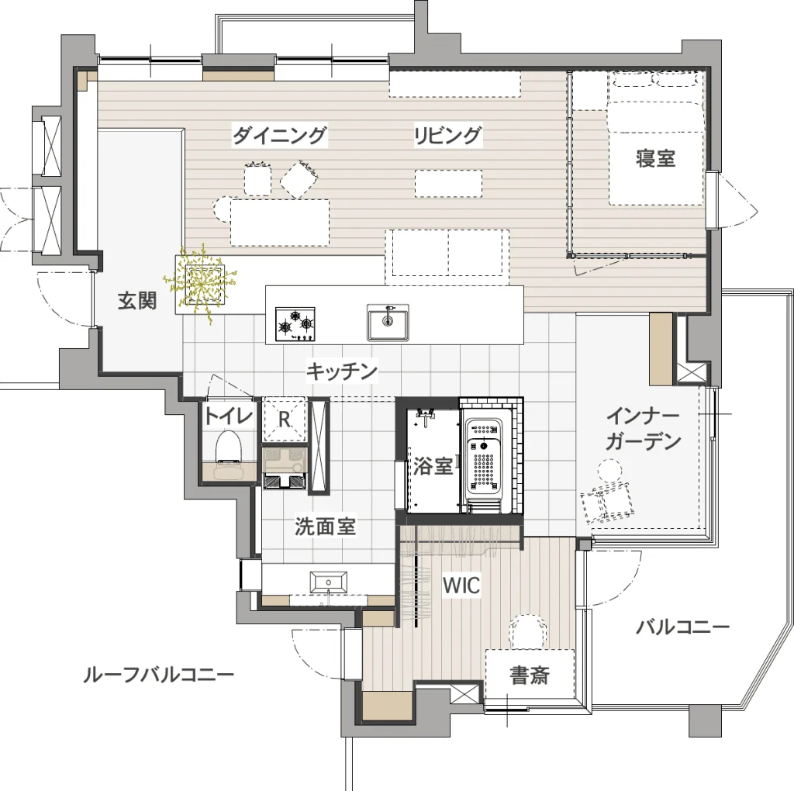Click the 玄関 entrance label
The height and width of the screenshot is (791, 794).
[137, 301]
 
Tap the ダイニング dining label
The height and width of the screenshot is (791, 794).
[279, 135]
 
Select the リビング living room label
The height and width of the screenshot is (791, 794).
[447, 135]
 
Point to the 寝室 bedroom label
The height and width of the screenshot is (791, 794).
[656, 158]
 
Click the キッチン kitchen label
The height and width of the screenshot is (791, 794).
[342, 371]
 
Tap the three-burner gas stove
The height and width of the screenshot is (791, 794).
[295, 324]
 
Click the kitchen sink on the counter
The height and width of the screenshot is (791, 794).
[388, 323]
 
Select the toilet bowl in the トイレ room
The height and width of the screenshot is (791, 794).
[229, 446]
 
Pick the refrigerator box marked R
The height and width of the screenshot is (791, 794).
[285, 419]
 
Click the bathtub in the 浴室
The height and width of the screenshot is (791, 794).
[485, 458]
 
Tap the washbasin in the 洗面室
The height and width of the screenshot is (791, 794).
[329, 582]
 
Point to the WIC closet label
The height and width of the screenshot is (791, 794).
[461, 585]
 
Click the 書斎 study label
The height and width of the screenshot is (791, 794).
[530, 675]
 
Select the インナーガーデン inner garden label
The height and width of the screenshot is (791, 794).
[643, 429]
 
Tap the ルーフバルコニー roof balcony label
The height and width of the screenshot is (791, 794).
[158, 675]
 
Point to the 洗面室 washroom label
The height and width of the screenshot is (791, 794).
[325, 526]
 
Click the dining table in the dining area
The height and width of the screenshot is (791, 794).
[280, 223]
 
